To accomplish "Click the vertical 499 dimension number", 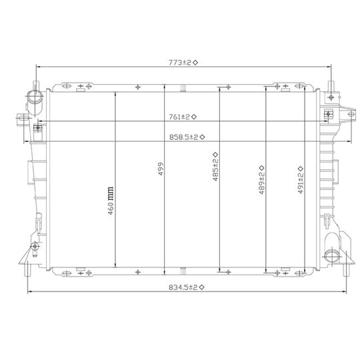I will (x=161, y=171).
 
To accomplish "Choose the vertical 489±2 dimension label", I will (x=262, y=180).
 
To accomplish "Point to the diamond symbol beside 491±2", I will (x=301, y=167).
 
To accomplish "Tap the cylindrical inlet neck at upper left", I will (x=31, y=100).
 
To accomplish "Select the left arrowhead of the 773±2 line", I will (x=37, y=67).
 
